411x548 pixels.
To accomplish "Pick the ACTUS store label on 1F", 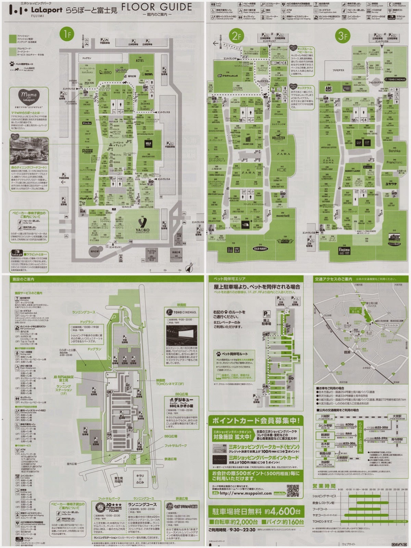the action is click(140, 61).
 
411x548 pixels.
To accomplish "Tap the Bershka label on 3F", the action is click(394, 151).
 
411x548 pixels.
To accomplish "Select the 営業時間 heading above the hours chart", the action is click(324, 486).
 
